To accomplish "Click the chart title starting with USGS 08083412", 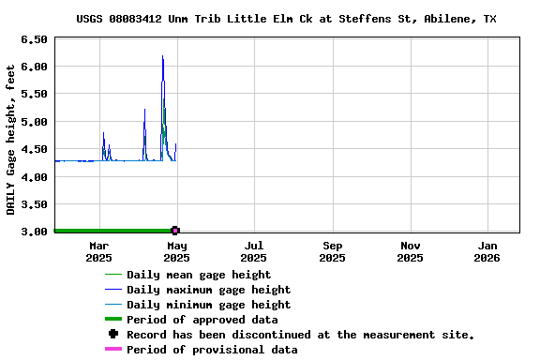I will (x=286, y=19).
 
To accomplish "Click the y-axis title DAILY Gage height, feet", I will (x=11, y=139).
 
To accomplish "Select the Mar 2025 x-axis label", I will (x=98, y=251).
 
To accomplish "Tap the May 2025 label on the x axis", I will (x=176, y=251).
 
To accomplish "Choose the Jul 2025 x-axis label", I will (x=253, y=251).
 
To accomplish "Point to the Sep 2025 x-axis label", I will (x=332, y=251).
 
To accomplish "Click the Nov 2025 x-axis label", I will (x=410, y=251).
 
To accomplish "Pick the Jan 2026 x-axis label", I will (x=487, y=251).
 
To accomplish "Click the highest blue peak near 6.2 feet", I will (x=162, y=56).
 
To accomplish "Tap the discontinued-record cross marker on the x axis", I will (x=175, y=230).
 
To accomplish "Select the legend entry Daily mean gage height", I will (x=199, y=275).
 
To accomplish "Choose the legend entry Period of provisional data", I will (x=212, y=350).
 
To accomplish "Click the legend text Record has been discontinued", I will (x=300, y=335).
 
